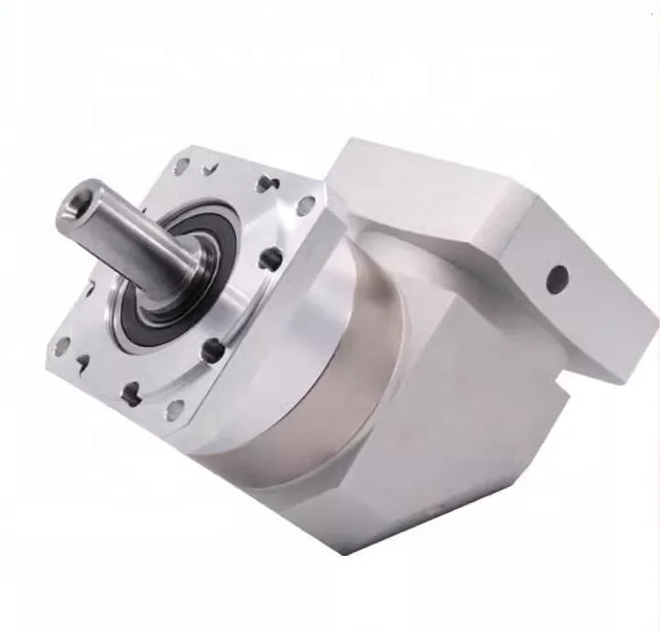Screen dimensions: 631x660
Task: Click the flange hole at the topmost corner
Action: [182, 167]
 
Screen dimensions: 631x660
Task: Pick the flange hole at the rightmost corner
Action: [306, 205]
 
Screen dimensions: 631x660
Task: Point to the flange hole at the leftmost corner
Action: [62, 346]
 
